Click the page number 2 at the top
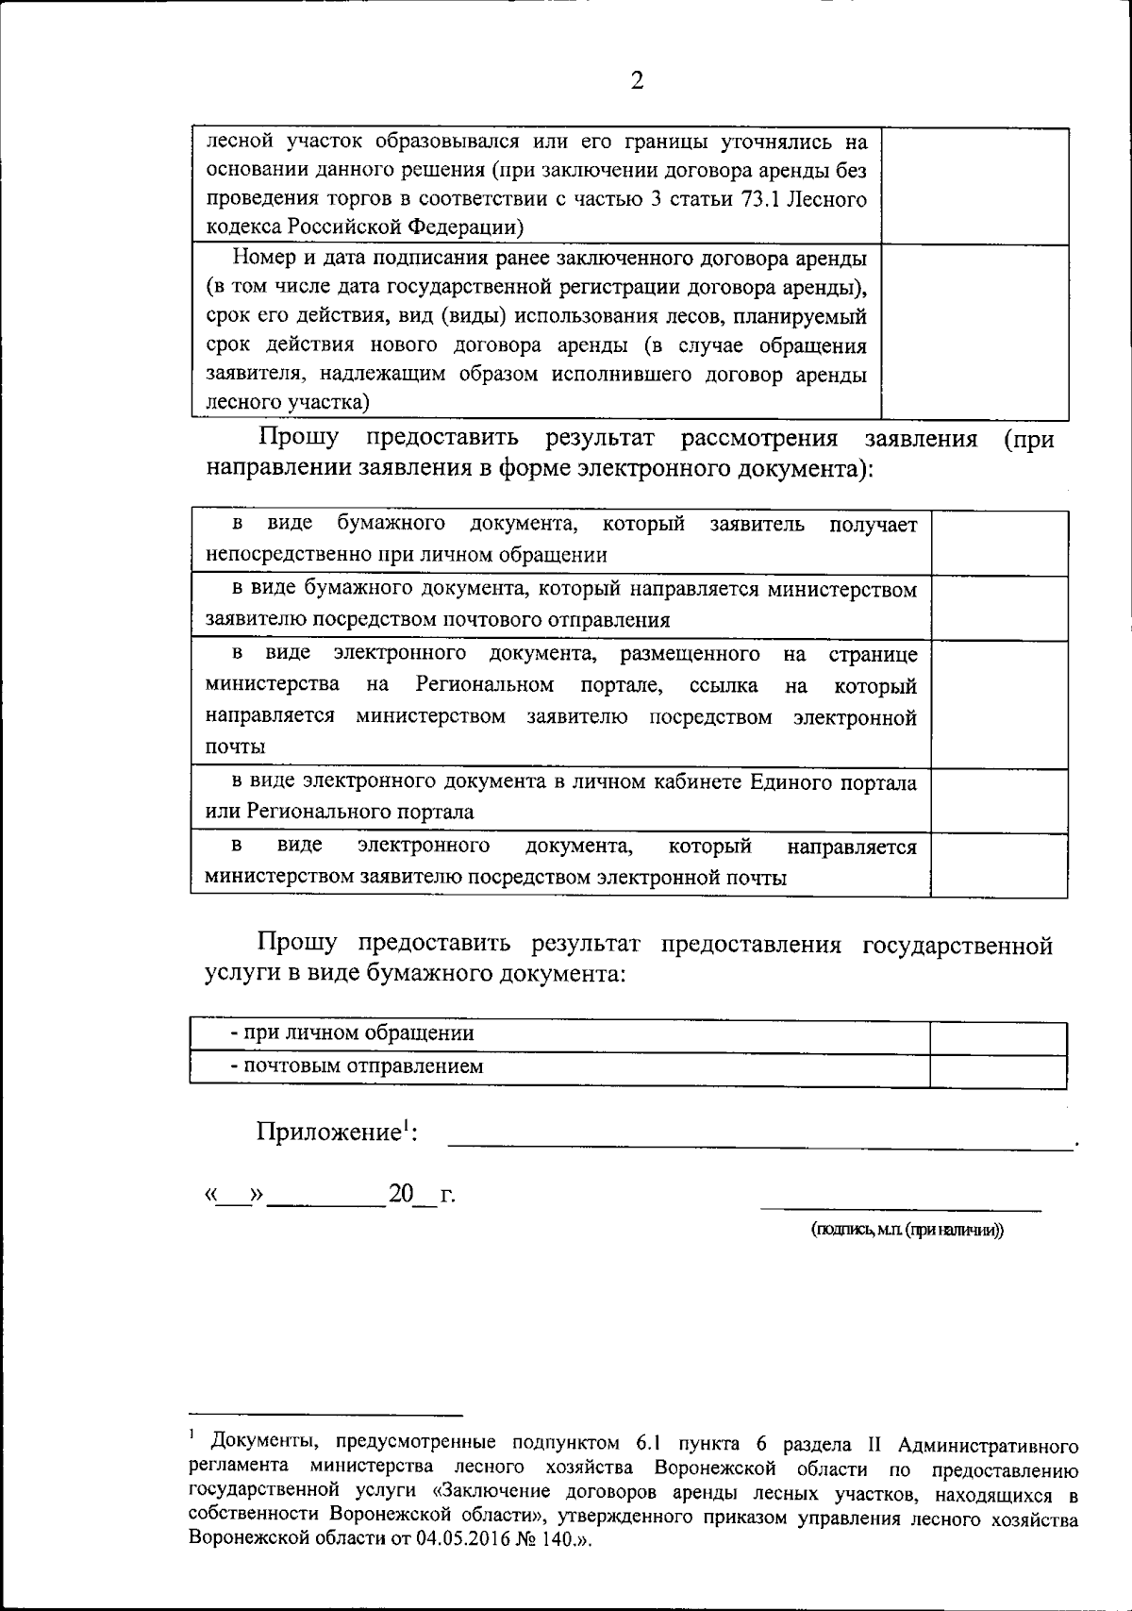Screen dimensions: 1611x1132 click(637, 81)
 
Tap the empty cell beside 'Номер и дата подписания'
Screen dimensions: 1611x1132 click(974, 331)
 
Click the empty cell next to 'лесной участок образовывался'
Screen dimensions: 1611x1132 click(974, 186)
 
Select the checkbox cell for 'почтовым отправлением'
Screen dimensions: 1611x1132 click(998, 1069)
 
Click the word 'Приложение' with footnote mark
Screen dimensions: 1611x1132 click(330, 1132)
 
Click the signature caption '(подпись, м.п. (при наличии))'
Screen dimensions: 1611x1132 click(907, 1231)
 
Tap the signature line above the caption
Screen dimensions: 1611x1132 click(901, 1208)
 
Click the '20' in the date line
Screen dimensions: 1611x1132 click(402, 1194)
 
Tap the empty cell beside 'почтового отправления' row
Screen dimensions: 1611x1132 click(999, 607)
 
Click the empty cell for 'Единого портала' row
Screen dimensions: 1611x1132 click(999, 798)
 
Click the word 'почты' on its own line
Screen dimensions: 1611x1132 click(235, 747)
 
